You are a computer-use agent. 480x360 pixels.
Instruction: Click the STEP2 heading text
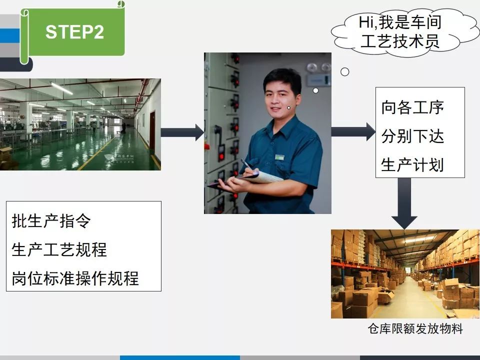pyautogui.click(x=74, y=32)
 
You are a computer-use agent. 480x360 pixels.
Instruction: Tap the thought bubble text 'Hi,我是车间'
pyautogui.click(x=400, y=22)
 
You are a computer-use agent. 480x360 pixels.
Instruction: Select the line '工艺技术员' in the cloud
pyautogui.click(x=400, y=41)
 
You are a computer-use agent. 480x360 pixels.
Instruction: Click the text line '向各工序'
pyautogui.click(x=412, y=107)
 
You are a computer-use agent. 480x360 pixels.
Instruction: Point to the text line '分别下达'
pyautogui.click(x=412, y=136)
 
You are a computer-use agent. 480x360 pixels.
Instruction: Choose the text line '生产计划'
pyautogui.click(x=412, y=164)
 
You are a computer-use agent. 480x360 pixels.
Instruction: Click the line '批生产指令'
pyautogui.click(x=51, y=220)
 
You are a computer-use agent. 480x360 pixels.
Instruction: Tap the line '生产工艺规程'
pyautogui.click(x=59, y=249)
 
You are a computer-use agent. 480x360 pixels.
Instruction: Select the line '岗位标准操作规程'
pyautogui.click(x=75, y=278)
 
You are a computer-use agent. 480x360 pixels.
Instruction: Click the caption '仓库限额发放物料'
pyautogui.click(x=415, y=329)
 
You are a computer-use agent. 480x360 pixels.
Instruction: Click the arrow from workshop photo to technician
pyautogui.click(x=182, y=132)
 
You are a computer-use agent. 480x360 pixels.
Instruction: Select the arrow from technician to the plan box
pyautogui.click(x=353, y=132)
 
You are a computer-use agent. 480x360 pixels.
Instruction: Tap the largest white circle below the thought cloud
pyautogui.click(x=344, y=72)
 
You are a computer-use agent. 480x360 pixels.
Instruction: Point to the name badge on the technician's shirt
pyautogui.click(x=279, y=157)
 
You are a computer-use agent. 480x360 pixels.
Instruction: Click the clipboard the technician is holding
pyautogui.click(x=245, y=180)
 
